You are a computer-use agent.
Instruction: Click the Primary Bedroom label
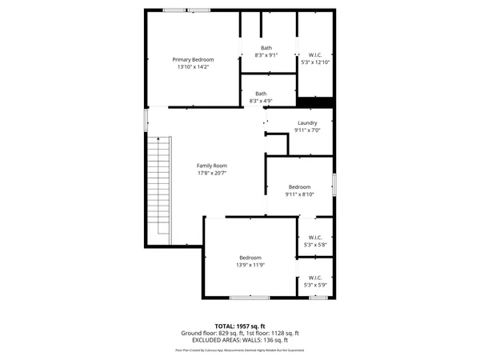point(193,60)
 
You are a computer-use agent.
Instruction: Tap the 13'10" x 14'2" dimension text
point(193,67)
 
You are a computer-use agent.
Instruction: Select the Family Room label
point(212,166)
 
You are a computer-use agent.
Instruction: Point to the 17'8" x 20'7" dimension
point(212,174)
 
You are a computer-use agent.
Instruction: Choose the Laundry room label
point(307,122)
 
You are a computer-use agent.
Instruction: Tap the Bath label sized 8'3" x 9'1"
point(266,48)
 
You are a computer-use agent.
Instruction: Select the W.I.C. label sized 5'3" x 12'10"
point(315,54)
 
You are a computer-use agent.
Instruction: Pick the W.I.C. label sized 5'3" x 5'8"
point(315,238)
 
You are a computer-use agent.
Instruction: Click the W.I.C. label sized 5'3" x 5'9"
point(315,278)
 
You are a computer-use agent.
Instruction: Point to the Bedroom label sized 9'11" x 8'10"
point(299,186)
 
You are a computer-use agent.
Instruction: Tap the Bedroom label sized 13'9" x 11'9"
point(250,257)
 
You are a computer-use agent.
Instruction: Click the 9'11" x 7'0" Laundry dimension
point(307,130)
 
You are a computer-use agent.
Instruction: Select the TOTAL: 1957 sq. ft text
point(239,326)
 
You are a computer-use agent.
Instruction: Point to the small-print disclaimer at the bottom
point(239,350)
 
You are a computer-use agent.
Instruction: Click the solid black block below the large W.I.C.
point(314,102)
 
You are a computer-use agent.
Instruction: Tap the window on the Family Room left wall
point(146,120)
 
